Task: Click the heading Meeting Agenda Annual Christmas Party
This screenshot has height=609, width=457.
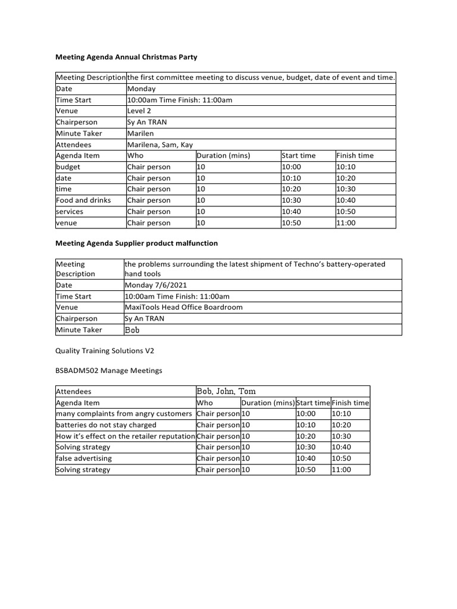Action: pyautogui.click(x=126, y=58)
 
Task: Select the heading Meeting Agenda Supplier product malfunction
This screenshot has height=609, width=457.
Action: pyautogui.click(x=136, y=243)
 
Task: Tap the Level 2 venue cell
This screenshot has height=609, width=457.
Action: pyautogui.click(x=139, y=111)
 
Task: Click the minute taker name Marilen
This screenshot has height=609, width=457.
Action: pyautogui.click(x=140, y=133)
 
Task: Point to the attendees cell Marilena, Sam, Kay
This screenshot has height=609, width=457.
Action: pyautogui.click(x=160, y=145)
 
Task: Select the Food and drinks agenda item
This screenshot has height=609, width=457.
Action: pyautogui.click(x=83, y=200)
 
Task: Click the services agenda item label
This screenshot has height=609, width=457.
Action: pyautogui.click(x=70, y=212)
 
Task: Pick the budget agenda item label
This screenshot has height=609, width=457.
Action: pyautogui.click(x=68, y=167)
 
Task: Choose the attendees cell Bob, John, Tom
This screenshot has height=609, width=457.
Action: pyautogui.click(x=226, y=391)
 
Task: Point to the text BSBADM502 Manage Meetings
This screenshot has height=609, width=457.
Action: pyautogui.click(x=108, y=371)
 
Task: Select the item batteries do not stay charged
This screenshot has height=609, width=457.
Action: pyautogui.click(x=106, y=425)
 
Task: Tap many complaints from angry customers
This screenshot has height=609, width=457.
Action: pyautogui.click(x=124, y=414)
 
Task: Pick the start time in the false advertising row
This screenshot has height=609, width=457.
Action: pyautogui.click(x=306, y=459)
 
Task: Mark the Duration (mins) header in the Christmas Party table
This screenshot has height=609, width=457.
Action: pyautogui.click(x=223, y=156)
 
